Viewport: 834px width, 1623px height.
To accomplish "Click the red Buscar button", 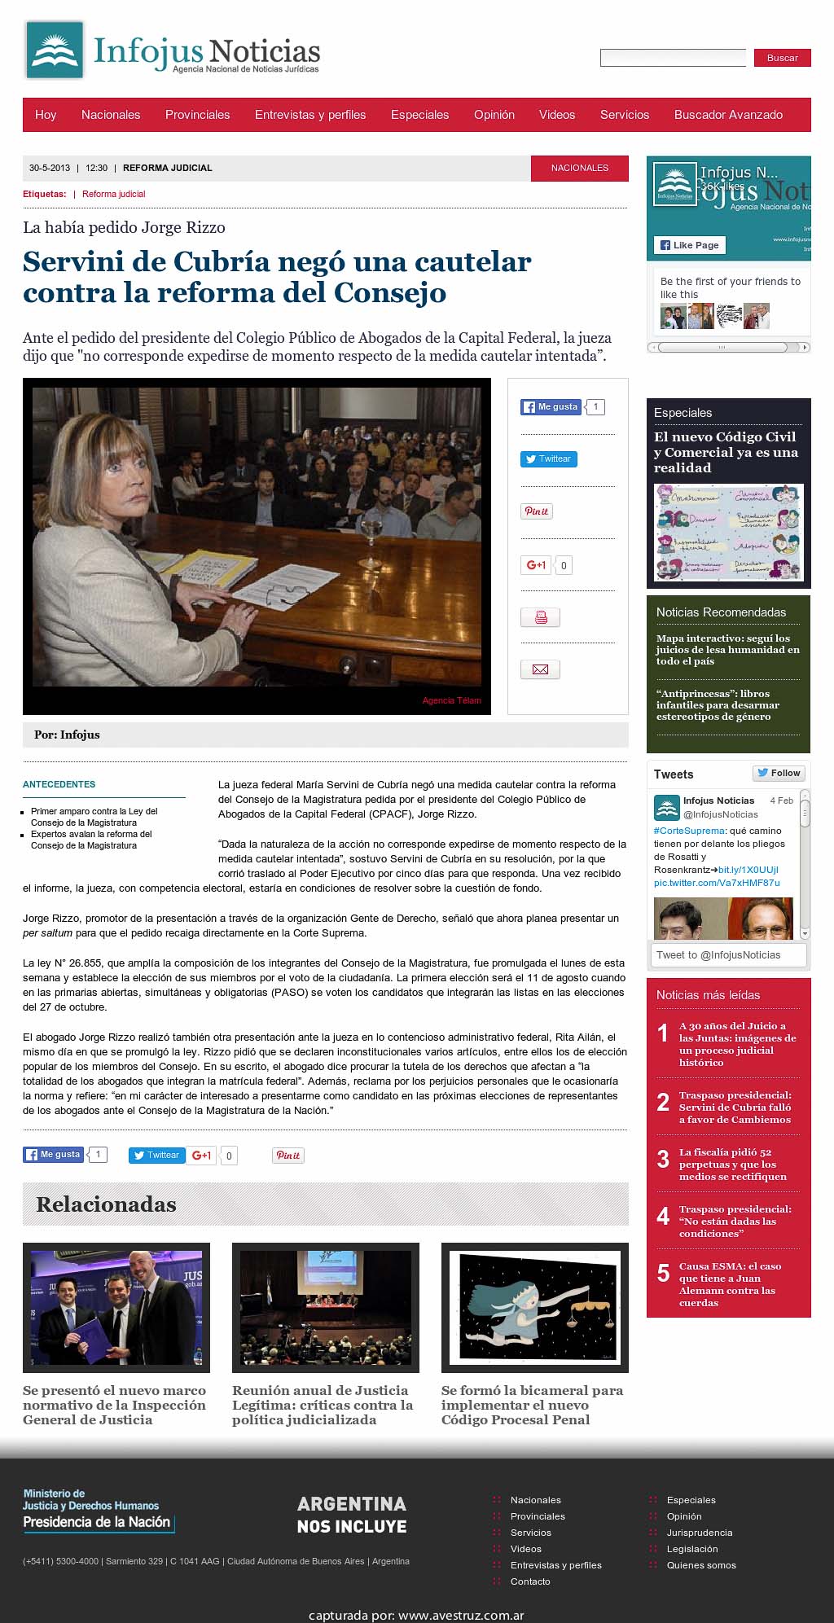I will pyautogui.click(x=782, y=58).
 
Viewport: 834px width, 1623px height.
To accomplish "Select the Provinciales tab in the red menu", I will pyautogui.click(x=197, y=115).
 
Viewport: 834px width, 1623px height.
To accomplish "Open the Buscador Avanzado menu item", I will pyautogui.click(x=728, y=115).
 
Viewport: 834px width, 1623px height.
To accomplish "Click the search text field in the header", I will pyautogui.click(x=673, y=58).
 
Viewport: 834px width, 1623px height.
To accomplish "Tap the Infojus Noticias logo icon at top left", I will pyautogui.click(x=55, y=50).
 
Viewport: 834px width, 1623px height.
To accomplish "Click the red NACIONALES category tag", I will pyautogui.click(x=579, y=168).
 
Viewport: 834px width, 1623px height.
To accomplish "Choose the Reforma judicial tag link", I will pyautogui.click(x=114, y=194).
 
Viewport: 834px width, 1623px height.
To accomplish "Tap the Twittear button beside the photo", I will pyautogui.click(x=549, y=459).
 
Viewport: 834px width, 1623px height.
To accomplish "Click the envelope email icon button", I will pyautogui.click(x=540, y=669).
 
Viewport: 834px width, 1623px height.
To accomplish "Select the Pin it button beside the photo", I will pyautogui.click(x=537, y=511).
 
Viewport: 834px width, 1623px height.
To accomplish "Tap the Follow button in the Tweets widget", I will pyautogui.click(x=779, y=773).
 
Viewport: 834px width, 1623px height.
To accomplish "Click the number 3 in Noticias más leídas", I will pyautogui.click(x=663, y=1159).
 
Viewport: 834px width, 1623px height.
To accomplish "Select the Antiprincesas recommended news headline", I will pyautogui.click(x=718, y=705).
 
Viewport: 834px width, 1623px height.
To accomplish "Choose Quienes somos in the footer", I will pyautogui.click(x=700, y=1565).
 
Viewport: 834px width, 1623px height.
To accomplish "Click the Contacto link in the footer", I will pyautogui.click(x=530, y=1581).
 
